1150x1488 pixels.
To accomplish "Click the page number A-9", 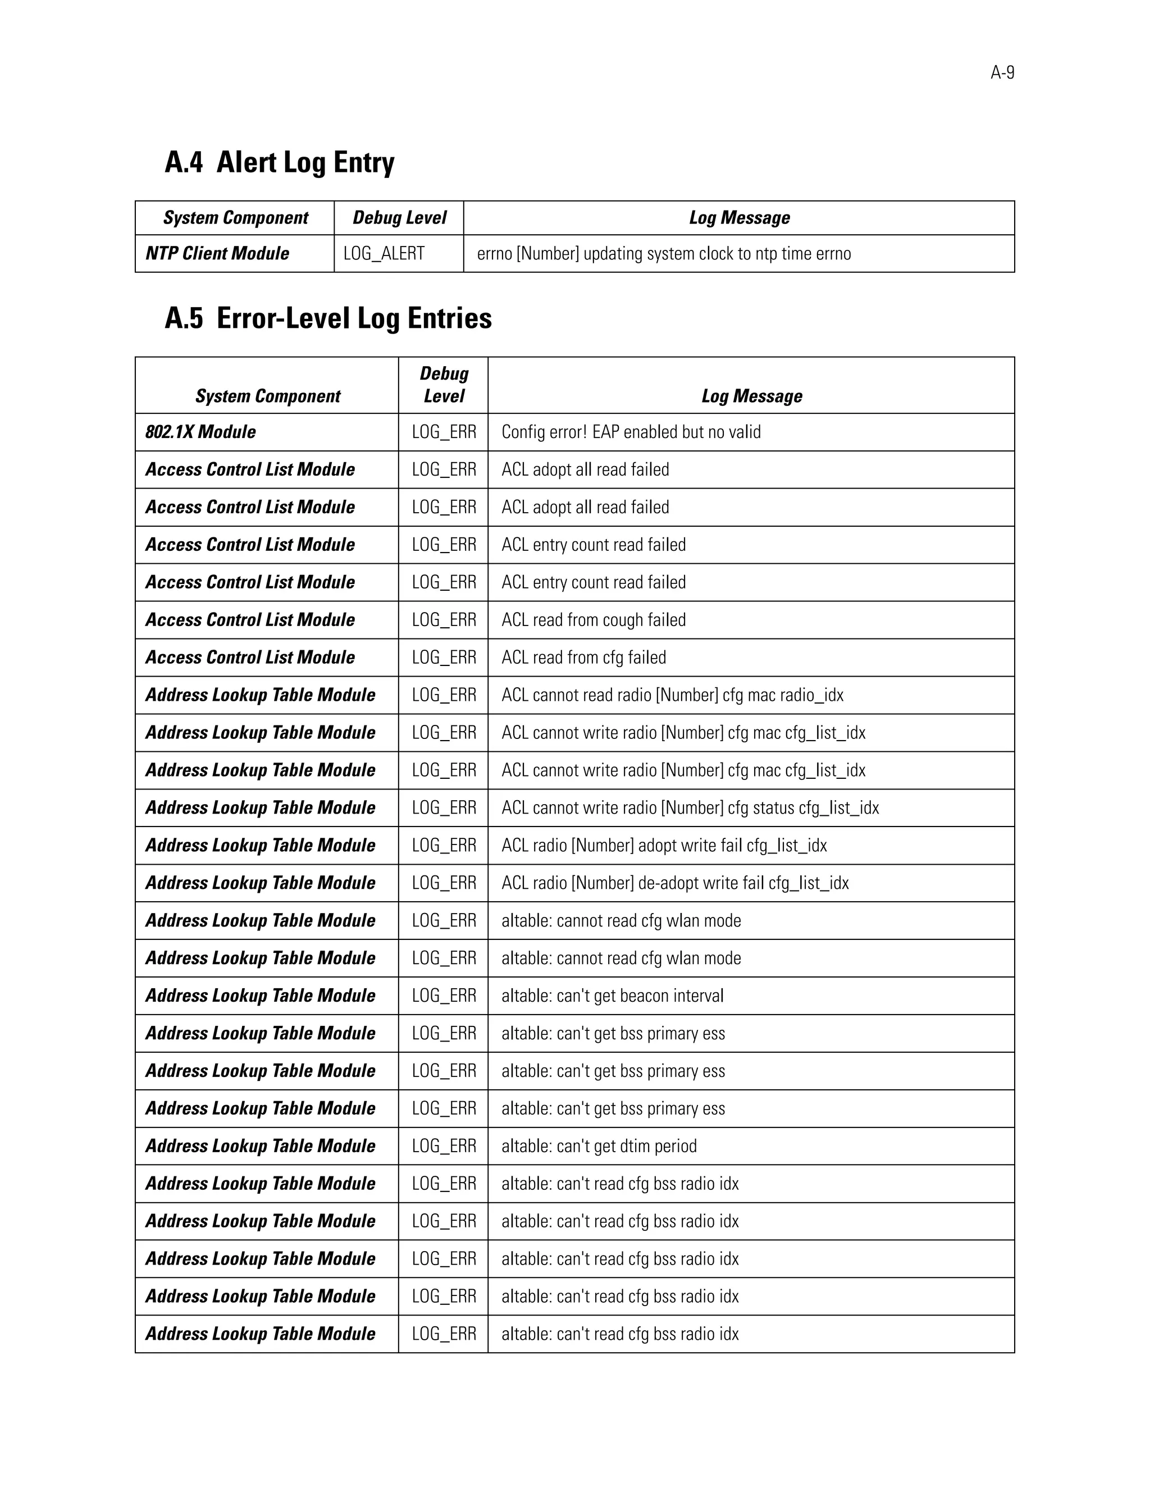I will click(x=1002, y=73).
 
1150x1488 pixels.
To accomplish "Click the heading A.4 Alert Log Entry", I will click(x=279, y=162).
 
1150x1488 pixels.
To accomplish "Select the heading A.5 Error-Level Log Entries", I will click(x=328, y=318).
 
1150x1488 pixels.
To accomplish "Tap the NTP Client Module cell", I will click(x=217, y=253).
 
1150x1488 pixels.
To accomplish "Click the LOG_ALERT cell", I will click(x=384, y=253).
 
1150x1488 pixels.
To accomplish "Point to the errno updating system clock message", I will click(x=664, y=253).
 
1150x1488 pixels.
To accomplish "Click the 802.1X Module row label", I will click(x=200, y=432).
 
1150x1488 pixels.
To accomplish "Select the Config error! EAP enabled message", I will click(x=631, y=432).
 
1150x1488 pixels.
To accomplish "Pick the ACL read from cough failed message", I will click(x=594, y=620).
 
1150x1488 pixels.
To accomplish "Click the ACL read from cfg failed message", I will click(x=584, y=658).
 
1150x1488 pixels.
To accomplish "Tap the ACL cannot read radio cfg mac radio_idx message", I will click(x=672, y=695).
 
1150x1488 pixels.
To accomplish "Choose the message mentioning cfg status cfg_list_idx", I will click(x=690, y=808).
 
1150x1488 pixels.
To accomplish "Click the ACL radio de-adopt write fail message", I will click(x=675, y=883).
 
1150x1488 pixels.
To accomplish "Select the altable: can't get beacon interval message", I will click(x=613, y=996).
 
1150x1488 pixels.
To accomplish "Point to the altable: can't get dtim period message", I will click(x=599, y=1146).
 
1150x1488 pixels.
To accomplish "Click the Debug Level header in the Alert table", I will click(x=399, y=218).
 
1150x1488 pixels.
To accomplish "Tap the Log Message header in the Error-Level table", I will click(x=751, y=396).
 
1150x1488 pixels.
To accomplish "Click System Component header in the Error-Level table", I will click(x=267, y=396).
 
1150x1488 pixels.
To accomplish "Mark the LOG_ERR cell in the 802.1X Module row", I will click(x=444, y=432).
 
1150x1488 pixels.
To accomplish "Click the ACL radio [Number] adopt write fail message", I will click(x=664, y=846).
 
